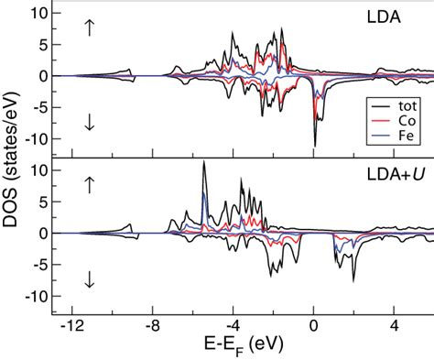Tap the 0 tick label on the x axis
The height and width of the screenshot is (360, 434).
click(314, 326)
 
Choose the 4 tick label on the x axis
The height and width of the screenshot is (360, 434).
click(395, 326)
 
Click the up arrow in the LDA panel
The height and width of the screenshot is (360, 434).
click(89, 27)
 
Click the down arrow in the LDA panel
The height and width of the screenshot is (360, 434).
click(89, 124)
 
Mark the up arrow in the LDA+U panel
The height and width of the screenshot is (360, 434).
click(89, 184)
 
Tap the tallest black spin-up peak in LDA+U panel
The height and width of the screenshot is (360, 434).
click(203, 163)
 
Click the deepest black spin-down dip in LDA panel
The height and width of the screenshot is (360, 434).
click(314, 145)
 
